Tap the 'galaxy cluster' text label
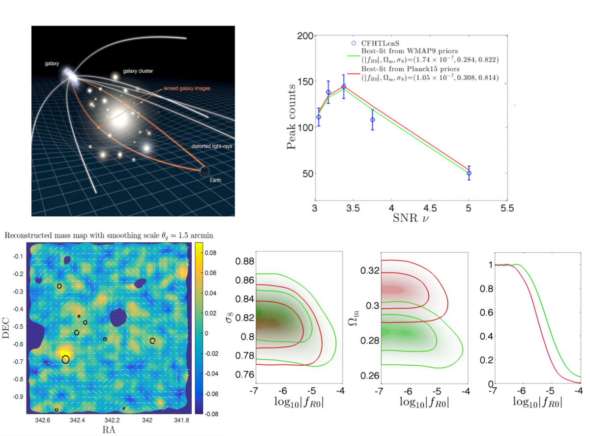click(139, 71)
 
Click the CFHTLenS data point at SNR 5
click(469, 173)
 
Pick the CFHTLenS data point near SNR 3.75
click(373, 119)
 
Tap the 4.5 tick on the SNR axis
click(430, 208)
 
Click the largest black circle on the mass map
click(65, 360)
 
